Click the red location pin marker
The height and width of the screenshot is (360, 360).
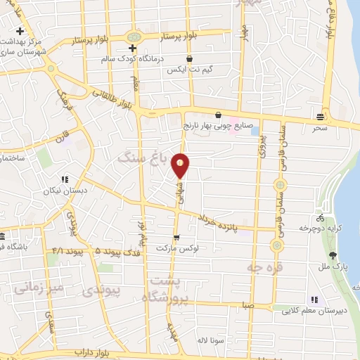(x=181, y=165)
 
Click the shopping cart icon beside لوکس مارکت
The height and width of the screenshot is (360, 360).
(x=176, y=238)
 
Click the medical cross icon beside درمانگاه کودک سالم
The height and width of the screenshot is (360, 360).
(x=132, y=46)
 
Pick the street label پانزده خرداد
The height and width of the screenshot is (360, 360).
(x=225, y=224)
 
